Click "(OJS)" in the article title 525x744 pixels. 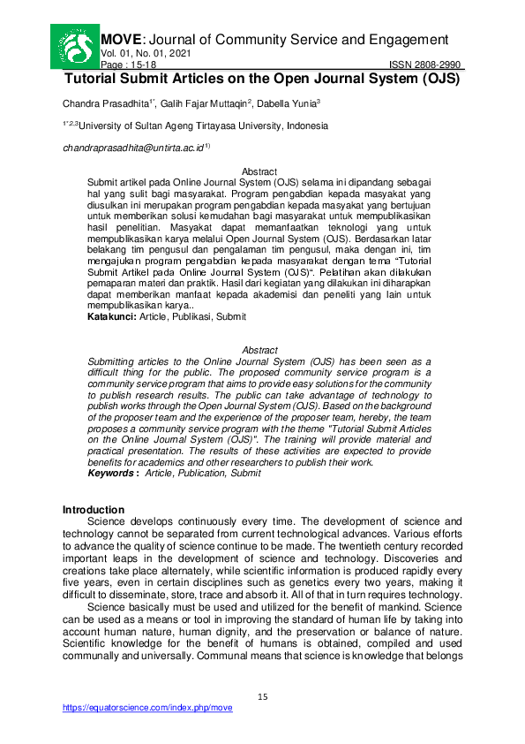tap(439, 78)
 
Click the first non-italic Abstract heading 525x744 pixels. tap(259, 171)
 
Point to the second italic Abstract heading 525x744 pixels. tap(259, 351)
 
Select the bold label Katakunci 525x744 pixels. tap(111, 316)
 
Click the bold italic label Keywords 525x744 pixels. tap(112, 474)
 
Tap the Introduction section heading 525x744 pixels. tap(94, 511)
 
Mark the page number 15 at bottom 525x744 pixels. tap(262, 697)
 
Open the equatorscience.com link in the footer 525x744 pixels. tap(147, 709)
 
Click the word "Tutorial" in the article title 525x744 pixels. tap(96, 78)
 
